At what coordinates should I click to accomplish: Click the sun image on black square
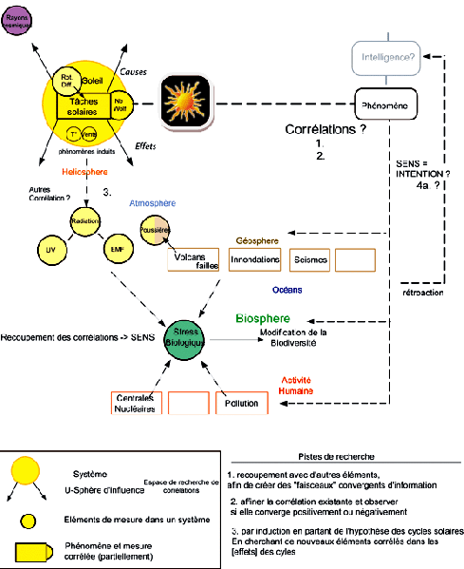pos(189,100)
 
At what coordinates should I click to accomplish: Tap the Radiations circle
pos(84,220)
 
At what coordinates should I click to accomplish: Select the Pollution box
pos(241,403)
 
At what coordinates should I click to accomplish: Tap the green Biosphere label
pos(262,318)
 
